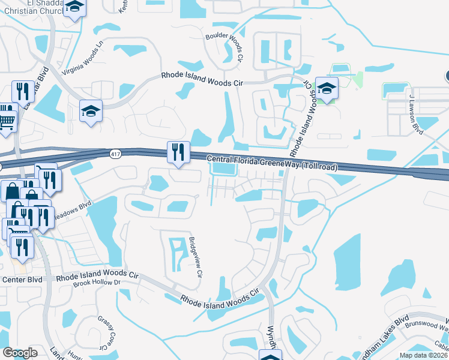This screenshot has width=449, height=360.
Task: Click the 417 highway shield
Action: pyautogui.click(x=115, y=154)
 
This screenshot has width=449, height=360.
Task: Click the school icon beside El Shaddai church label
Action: pyautogui.click(x=75, y=8)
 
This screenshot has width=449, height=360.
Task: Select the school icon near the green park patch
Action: pyautogui.click(x=327, y=88)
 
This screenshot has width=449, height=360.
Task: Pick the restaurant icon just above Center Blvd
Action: pyautogui.click(x=22, y=247)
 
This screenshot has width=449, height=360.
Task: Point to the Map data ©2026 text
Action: pyautogui.click(x=422, y=355)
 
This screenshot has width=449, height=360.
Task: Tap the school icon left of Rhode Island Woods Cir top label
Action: pyautogui.click(x=91, y=111)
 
